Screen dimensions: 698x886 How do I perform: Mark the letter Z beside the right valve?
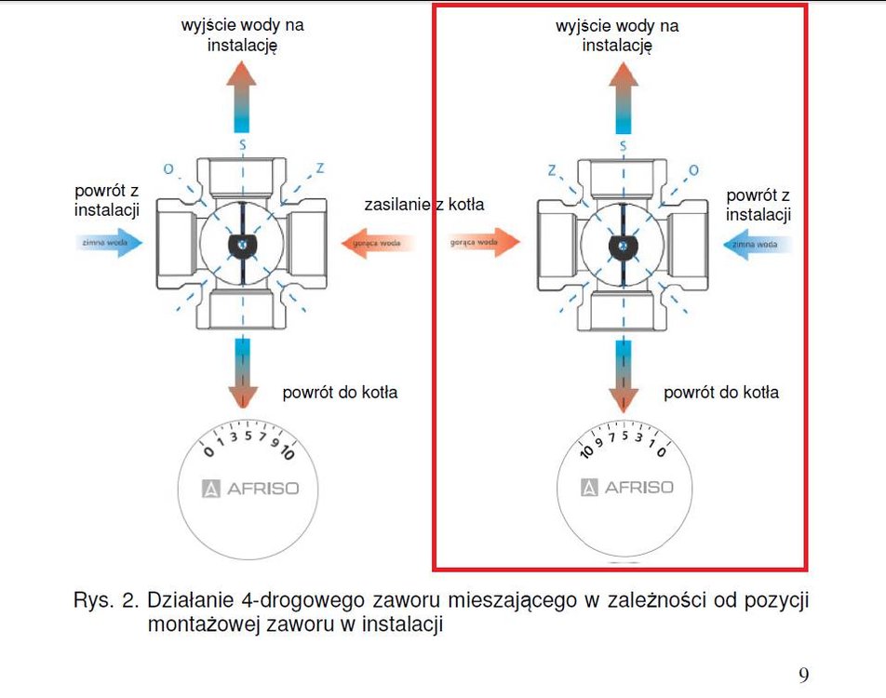[x=552, y=169]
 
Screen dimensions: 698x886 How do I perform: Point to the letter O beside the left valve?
[x=168, y=169]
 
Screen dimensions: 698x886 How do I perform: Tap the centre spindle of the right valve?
[x=621, y=245]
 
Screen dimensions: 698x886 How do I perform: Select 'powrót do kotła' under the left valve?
[x=340, y=392]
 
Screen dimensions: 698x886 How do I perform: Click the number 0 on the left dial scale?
[x=209, y=452]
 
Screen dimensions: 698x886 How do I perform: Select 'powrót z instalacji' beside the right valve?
[x=758, y=206]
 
